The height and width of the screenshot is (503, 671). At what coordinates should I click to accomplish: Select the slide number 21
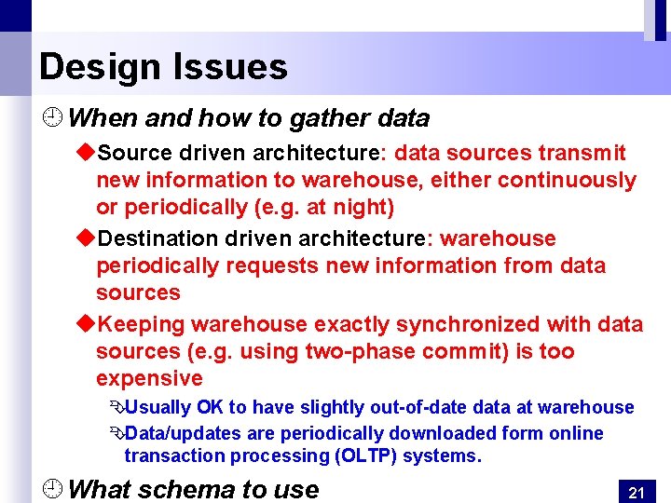(637, 492)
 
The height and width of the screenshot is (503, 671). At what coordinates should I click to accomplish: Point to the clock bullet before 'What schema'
(53, 488)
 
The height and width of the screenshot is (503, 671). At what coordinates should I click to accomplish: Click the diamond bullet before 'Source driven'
(85, 153)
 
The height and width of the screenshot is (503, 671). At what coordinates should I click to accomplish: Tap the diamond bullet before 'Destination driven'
(85, 238)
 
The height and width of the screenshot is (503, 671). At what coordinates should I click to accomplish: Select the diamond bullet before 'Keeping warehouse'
(85, 324)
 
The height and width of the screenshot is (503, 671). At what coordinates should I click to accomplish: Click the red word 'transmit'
(594, 153)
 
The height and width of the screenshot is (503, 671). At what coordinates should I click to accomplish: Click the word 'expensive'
(149, 378)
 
